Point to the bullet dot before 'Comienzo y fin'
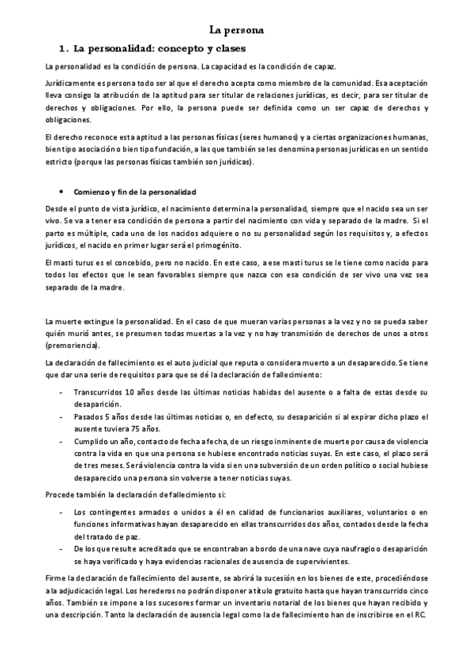[62, 192]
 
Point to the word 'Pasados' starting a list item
[87, 413]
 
